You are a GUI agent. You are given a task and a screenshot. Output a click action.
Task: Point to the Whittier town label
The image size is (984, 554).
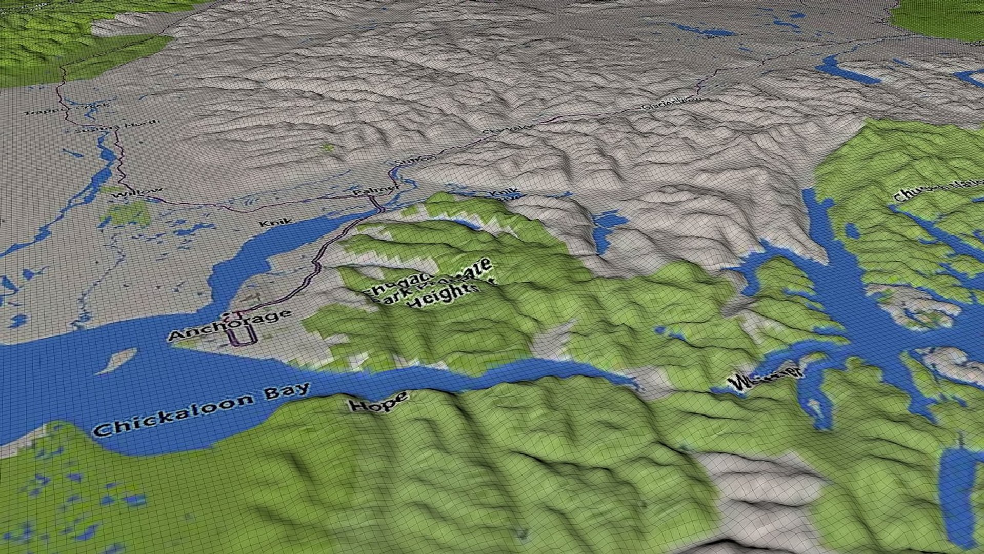coord(765,378)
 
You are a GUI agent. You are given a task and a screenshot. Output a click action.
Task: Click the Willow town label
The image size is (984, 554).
coord(136,193)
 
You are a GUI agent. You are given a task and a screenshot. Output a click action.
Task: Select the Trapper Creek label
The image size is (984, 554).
coord(67,109)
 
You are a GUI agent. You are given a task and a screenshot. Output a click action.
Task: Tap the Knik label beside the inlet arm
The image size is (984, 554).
coord(276,223)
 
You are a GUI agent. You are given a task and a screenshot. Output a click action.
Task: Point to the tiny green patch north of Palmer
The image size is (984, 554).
coord(327,148)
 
